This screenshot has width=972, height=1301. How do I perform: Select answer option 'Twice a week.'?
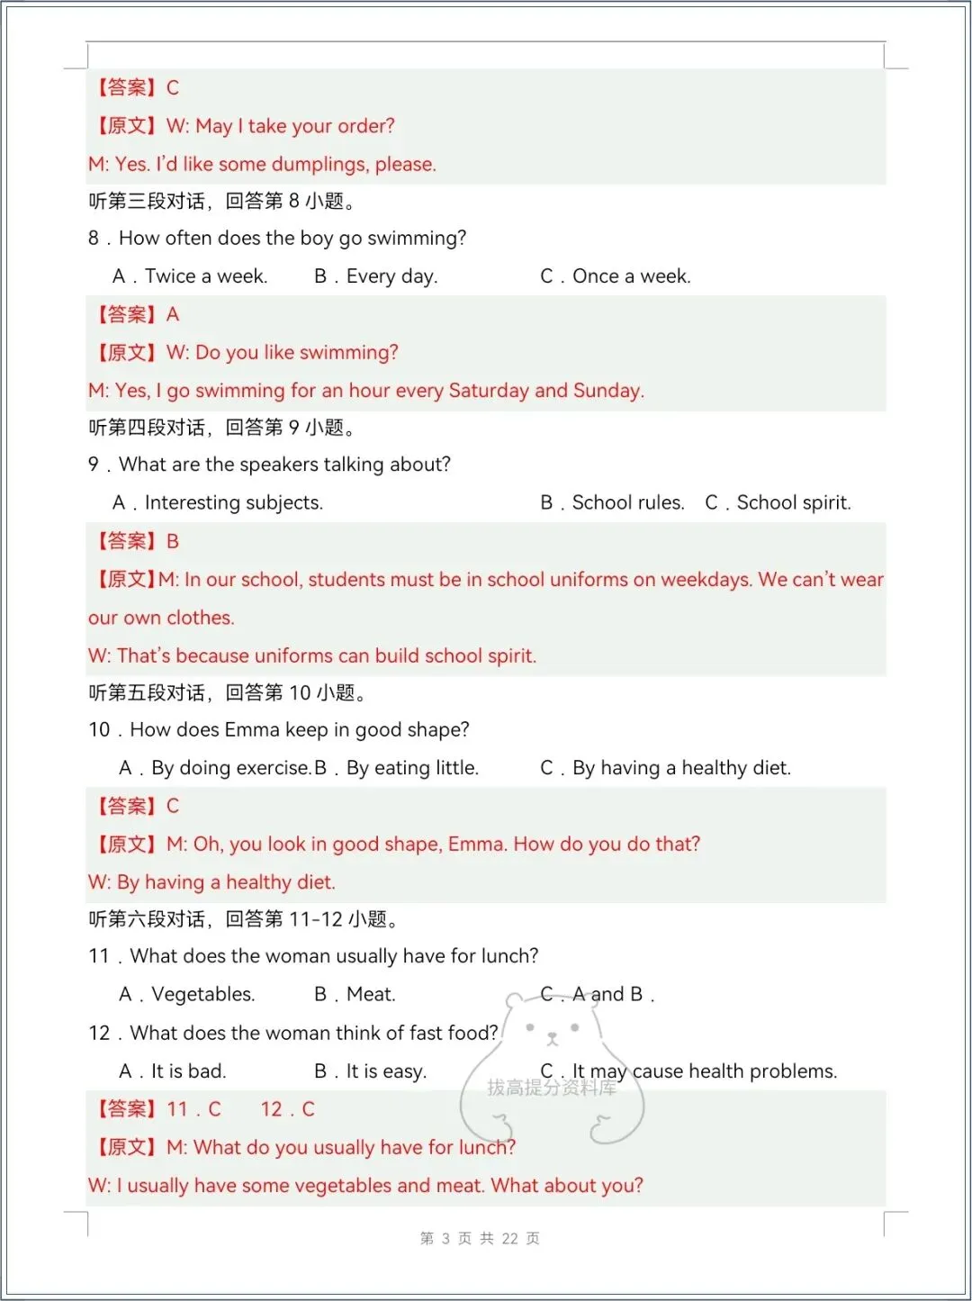205,276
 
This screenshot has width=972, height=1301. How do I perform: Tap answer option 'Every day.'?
391,276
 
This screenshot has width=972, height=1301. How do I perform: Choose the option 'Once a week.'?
631,276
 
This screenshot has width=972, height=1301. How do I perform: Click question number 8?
94,239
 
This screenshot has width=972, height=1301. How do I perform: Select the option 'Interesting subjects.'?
233,503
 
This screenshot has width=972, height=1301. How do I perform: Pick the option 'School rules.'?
627,503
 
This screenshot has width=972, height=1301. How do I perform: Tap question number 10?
99,730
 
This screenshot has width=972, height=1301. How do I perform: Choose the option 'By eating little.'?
412,768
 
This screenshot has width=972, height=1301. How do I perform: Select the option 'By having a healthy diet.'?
681,768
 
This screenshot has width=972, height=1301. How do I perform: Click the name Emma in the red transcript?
478,845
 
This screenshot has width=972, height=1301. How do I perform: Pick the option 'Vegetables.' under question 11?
202,995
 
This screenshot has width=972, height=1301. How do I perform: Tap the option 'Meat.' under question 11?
371,995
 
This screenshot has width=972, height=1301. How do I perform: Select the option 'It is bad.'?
188,1071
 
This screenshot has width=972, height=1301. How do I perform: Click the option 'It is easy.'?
386,1071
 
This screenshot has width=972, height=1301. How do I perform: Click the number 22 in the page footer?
509,1239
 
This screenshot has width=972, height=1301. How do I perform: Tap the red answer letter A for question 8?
173,315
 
